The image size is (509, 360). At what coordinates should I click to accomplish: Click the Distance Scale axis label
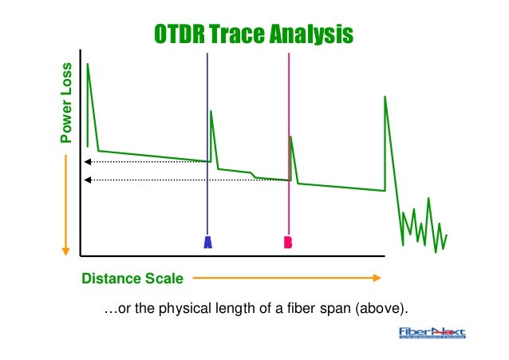coord(132,279)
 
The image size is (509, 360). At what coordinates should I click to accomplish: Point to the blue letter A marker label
coord(207,243)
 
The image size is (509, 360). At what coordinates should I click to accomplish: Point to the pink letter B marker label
coord(289,243)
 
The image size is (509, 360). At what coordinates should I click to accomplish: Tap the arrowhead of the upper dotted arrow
coord(87,162)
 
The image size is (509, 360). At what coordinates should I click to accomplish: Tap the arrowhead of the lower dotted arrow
coord(87,180)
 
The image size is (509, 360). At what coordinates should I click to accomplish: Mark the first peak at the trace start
coord(88,64)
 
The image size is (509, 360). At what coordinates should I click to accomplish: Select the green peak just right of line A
coord(211,112)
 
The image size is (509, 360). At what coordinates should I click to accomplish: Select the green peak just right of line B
coord(290,136)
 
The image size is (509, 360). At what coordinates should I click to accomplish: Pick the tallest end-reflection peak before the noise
coord(385,97)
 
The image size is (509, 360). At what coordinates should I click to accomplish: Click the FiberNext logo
coord(432,334)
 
